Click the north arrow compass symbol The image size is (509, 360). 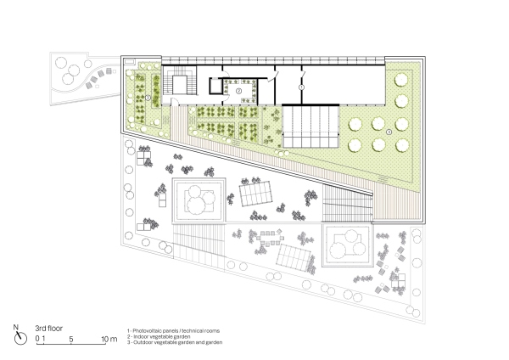pyautogui.click(x=17, y=333)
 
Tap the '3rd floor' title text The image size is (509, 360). pyautogui.click(x=52, y=326)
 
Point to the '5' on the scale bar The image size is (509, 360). pyautogui.click(x=73, y=340)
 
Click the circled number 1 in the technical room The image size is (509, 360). pyautogui.click(x=300, y=87)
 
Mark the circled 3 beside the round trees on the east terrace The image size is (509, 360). pyautogui.click(x=389, y=132)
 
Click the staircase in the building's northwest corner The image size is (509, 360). pyautogui.click(x=182, y=85)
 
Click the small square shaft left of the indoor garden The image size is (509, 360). pyautogui.click(x=215, y=87)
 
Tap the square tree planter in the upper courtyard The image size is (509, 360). pyautogui.click(x=199, y=200)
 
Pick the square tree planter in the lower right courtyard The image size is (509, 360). pyautogui.click(x=349, y=247)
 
